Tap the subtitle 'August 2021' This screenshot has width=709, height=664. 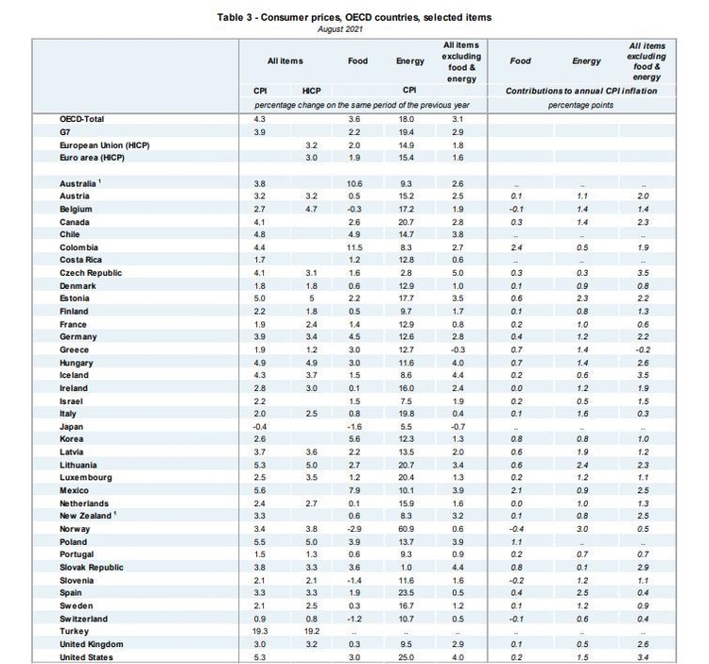click(x=340, y=29)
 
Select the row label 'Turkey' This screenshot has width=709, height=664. click(x=74, y=631)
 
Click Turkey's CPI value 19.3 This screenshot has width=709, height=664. click(x=260, y=631)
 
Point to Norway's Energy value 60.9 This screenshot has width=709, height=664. click(x=406, y=529)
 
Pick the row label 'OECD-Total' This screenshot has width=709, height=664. click(x=82, y=119)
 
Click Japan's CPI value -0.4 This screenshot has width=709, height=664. click(x=260, y=427)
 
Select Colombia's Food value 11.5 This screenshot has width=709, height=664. click(x=354, y=247)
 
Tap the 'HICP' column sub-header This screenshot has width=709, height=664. click(x=312, y=91)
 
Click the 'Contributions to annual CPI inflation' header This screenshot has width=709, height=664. click(x=581, y=91)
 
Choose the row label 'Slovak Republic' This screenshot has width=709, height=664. click(x=92, y=568)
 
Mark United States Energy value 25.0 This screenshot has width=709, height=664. click(x=406, y=657)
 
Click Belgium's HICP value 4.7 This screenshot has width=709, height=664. click(x=312, y=209)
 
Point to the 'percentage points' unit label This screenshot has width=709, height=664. click(x=581, y=105)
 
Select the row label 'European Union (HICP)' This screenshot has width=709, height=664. click(x=104, y=145)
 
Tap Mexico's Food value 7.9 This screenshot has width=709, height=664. click(x=354, y=490)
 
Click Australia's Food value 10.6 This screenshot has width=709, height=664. click(x=354, y=184)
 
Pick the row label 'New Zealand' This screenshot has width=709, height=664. click(x=85, y=516)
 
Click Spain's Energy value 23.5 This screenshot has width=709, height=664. click(x=406, y=592)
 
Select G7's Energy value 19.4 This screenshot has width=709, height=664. click(x=406, y=132)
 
